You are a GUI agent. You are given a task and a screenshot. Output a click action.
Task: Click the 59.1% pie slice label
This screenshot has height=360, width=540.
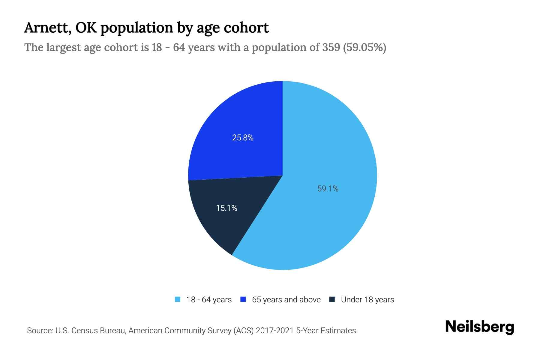[x=328, y=189]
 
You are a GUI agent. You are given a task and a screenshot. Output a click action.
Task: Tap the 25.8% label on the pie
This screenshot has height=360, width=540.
[x=243, y=138]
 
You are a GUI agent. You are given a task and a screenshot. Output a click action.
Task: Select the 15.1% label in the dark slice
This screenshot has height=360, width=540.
[x=226, y=208]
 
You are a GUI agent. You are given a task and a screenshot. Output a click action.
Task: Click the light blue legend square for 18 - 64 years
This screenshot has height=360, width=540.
[x=178, y=299]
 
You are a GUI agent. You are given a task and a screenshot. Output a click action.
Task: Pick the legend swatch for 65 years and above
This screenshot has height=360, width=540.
[x=243, y=299]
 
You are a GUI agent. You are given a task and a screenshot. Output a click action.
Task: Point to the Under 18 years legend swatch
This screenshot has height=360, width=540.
[x=332, y=299]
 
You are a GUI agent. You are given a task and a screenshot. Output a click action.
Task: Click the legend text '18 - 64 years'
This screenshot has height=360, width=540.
[x=209, y=300]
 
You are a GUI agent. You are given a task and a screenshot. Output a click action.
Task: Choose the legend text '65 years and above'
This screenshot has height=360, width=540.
[x=286, y=300]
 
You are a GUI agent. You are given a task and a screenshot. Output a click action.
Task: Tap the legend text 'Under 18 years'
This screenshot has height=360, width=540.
[x=367, y=300]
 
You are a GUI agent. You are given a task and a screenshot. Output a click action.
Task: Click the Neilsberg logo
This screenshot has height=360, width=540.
[x=479, y=327]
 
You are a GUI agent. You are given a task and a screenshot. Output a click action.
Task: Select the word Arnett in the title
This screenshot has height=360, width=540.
[x=48, y=28]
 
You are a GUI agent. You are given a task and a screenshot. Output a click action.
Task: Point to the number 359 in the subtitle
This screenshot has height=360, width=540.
[x=331, y=47]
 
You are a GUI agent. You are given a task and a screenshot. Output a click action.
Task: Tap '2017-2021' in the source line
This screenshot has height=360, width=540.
[x=274, y=331]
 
